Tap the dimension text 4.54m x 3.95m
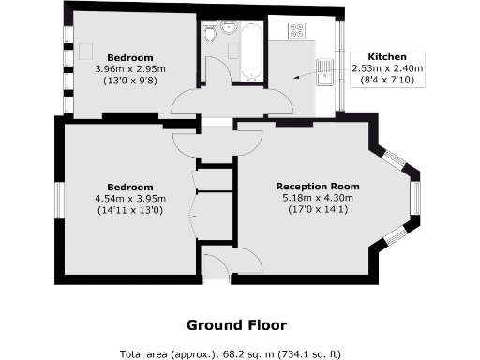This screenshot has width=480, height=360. [130, 198]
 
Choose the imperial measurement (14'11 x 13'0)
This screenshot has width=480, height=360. [130, 209]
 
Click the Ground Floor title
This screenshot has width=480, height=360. [236, 325]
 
